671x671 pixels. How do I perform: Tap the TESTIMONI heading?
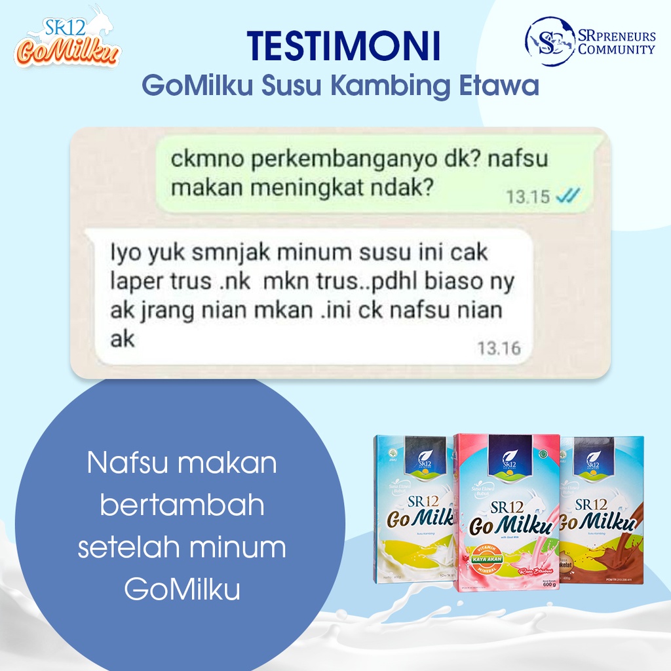[343, 47]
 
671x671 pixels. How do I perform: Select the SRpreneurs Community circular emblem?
[550, 41]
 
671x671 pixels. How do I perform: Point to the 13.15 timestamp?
[528, 196]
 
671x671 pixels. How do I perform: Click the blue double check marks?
[567, 195]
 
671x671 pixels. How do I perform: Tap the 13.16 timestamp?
[499, 348]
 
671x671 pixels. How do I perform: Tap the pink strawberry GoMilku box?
[507, 511]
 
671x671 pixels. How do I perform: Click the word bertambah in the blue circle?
[182, 505]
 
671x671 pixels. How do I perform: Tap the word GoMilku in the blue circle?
[182, 589]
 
